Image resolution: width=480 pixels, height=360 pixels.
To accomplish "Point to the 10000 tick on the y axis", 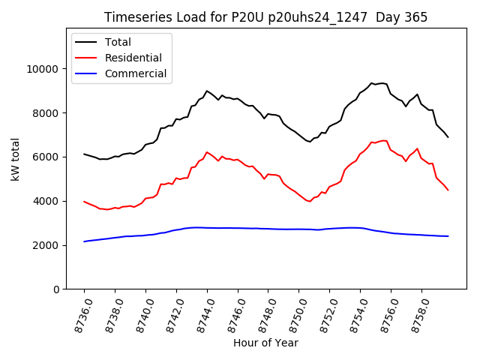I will click(x=43, y=69).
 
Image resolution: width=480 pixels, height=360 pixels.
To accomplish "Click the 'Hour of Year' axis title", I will click(x=265, y=343).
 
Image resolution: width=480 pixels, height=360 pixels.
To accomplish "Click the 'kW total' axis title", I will click(x=15, y=159).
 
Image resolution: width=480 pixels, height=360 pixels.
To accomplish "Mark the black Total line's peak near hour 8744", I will click(x=207, y=91).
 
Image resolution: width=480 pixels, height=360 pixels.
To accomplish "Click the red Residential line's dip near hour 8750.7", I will click(x=310, y=201).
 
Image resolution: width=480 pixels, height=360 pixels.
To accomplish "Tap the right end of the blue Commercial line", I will click(x=448, y=236).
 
